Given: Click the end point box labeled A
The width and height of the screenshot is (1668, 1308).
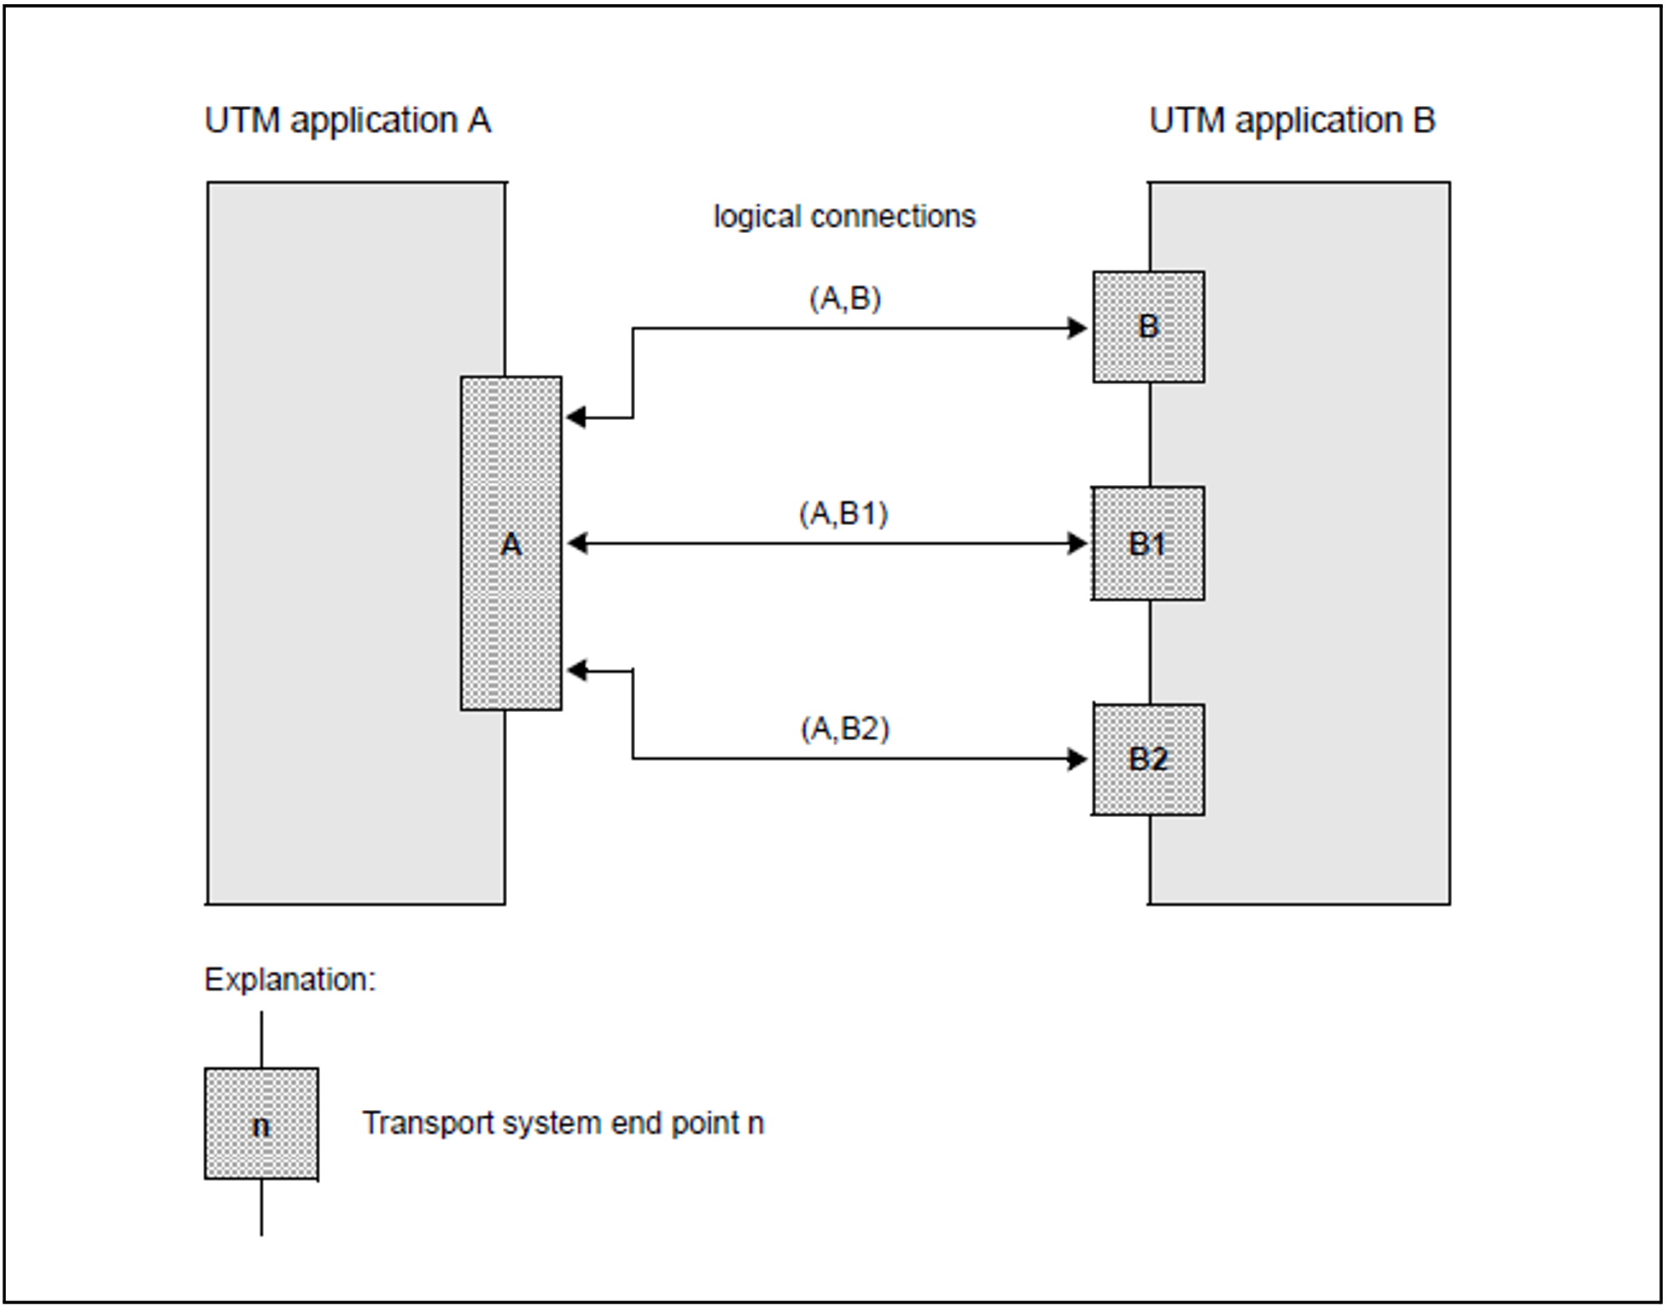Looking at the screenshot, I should [510, 543].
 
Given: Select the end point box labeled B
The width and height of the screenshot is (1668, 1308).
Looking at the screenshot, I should [1148, 327].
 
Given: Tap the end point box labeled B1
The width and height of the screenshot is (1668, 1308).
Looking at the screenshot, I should [1148, 543].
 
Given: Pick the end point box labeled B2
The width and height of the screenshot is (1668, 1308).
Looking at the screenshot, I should [1148, 759].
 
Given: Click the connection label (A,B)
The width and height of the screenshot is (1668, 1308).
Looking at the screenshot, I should [844, 299].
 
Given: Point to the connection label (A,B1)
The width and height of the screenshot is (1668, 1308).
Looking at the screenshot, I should [843, 514].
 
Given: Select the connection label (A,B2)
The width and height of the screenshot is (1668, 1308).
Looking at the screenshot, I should [844, 729].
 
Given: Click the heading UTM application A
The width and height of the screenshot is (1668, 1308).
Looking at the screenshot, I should [347, 120].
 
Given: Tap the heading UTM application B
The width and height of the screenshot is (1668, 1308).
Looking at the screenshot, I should [1292, 120].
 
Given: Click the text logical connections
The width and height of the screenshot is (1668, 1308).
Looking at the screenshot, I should [844, 217].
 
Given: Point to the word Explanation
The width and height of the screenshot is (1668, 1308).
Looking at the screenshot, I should [289, 979].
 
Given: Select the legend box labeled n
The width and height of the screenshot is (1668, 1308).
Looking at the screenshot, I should [261, 1124].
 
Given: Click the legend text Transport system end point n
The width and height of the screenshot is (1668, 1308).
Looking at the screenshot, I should [563, 1123].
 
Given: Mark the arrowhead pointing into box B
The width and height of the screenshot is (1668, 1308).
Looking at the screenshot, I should [1077, 328].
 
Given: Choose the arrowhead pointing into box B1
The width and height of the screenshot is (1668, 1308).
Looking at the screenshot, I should [1077, 543].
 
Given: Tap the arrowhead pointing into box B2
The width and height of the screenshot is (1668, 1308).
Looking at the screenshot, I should [1077, 759].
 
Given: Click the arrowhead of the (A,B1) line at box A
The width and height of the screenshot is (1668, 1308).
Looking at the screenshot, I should [577, 543].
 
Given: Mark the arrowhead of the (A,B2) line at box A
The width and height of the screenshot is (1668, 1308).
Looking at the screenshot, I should [577, 671].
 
